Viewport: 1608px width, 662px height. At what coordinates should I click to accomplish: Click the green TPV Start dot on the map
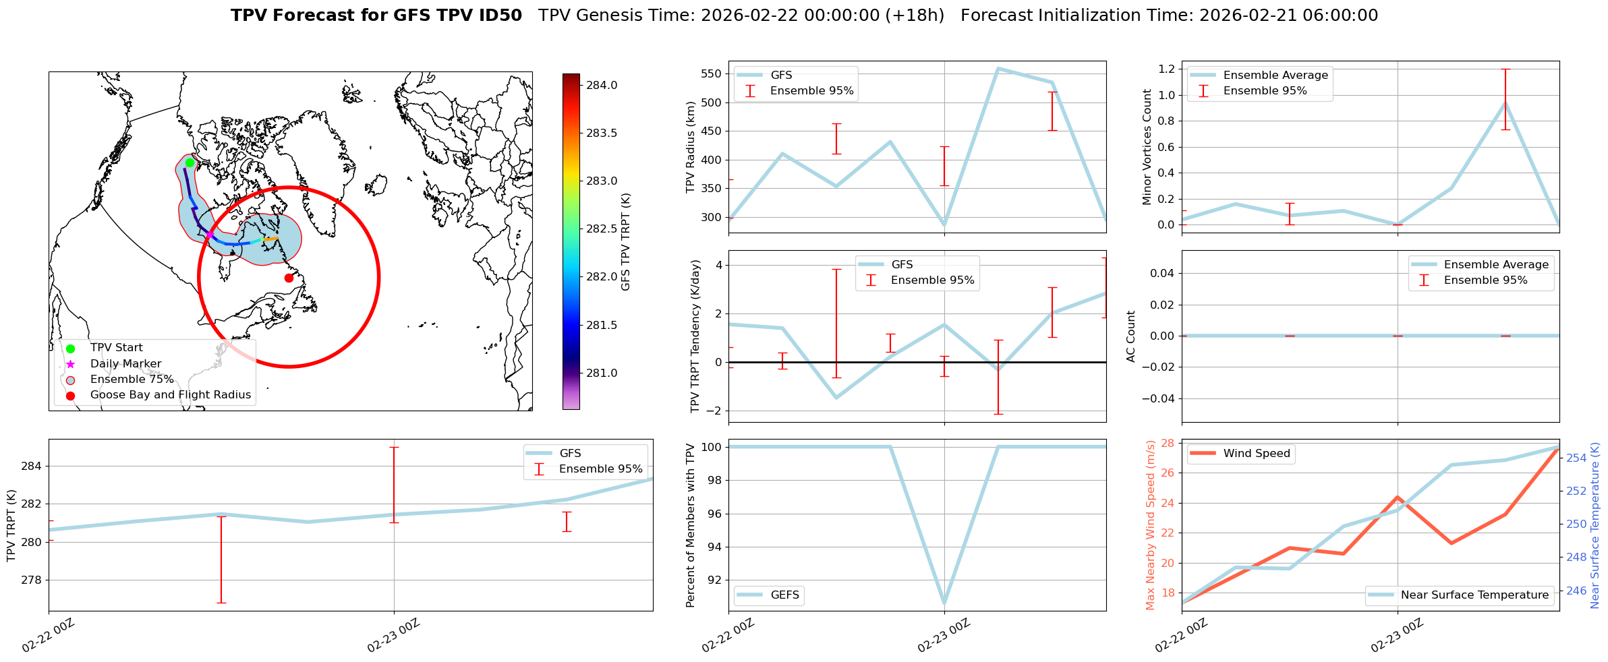(190, 162)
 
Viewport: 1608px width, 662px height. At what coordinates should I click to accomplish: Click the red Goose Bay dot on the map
(289, 278)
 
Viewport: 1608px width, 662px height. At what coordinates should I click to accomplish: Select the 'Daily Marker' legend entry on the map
(125, 364)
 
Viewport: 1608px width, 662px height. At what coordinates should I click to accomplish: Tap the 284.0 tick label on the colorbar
(602, 86)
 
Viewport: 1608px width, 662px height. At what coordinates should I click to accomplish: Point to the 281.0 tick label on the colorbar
(602, 373)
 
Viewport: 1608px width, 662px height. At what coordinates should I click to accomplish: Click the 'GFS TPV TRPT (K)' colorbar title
(626, 242)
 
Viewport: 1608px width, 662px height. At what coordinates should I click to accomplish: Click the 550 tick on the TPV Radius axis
(712, 74)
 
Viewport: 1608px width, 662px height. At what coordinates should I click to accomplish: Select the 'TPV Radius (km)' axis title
(690, 147)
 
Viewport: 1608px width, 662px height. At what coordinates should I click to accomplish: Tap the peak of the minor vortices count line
(1505, 103)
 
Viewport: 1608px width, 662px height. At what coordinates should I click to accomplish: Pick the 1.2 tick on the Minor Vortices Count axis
(1166, 69)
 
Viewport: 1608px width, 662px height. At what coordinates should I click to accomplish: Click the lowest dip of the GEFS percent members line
(944, 603)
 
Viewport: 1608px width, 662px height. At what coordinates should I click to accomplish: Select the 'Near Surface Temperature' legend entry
(1474, 595)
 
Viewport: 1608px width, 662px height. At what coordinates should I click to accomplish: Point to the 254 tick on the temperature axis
(1576, 458)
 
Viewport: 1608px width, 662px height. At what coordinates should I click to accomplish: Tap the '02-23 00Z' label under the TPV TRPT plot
(393, 636)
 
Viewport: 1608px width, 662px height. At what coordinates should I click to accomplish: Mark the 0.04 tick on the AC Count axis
(1157, 274)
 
